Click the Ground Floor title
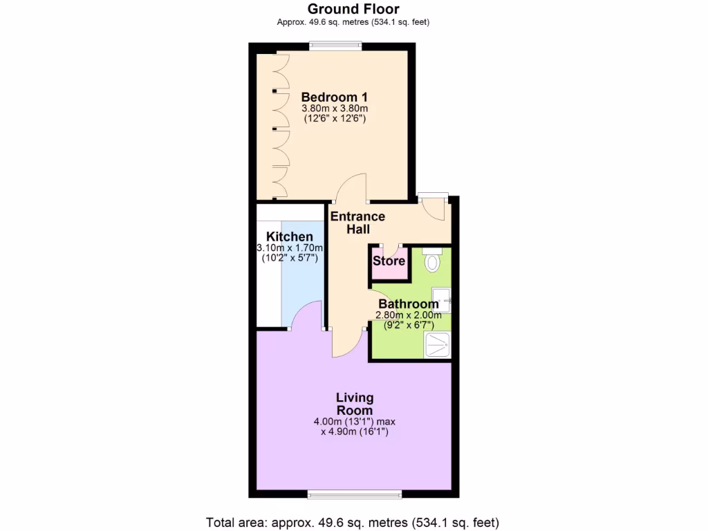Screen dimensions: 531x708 pyautogui.click(x=353, y=9)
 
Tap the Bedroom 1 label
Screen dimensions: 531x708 pyautogui.click(x=334, y=97)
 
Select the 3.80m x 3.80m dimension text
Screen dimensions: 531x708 pyautogui.click(x=335, y=109)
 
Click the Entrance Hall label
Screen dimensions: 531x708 pyautogui.click(x=357, y=223)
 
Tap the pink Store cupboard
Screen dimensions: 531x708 pyautogui.click(x=389, y=261)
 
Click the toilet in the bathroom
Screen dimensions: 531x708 pyautogui.click(x=433, y=261)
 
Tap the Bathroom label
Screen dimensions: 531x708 pyautogui.click(x=409, y=304)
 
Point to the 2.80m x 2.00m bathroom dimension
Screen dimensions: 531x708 pyautogui.click(x=408, y=315)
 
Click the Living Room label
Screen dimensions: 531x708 pyautogui.click(x=355, y=404)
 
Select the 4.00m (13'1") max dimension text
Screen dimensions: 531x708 pyautogui.click(x=354, y=421)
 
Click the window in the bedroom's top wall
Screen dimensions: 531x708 pyautogui.click(x=335, y=46)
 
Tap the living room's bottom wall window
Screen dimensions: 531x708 pyautogui.click(x=354, y=494)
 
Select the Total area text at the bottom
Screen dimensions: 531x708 pyautogui.click(x=353, y=522)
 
